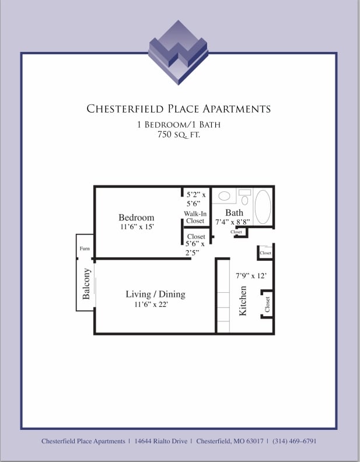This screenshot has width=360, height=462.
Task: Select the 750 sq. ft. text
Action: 179,135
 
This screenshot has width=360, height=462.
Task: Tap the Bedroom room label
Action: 137,218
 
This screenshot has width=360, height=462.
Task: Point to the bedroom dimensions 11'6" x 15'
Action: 137,226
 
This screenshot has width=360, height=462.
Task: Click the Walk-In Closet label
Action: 195,218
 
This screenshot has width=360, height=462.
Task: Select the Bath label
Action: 234,212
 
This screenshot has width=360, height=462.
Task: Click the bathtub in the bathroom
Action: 263,206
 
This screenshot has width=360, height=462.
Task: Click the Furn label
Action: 85,249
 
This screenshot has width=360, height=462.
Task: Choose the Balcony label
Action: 86,284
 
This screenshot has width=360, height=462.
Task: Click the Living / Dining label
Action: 155,295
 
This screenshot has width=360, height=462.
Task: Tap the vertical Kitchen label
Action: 243,301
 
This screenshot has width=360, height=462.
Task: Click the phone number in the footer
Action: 294,442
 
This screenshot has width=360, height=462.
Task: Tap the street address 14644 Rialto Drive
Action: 161,442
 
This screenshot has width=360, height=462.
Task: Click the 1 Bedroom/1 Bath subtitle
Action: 179,124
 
